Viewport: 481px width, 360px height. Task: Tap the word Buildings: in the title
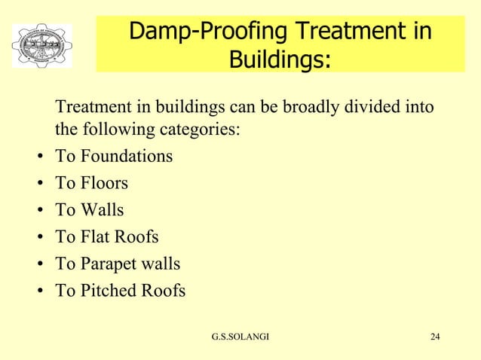pyautogui.click(x=280, y=59)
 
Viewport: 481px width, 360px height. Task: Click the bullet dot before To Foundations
pyautogui.click(x=38, y=158)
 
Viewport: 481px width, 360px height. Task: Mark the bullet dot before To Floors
pyautogui.click(x=38, y=185)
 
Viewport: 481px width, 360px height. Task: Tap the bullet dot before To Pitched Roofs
pyautogui.click(x=38, y=292)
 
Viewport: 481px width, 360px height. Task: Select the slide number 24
pyautogui.click(x=435, y=336)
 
